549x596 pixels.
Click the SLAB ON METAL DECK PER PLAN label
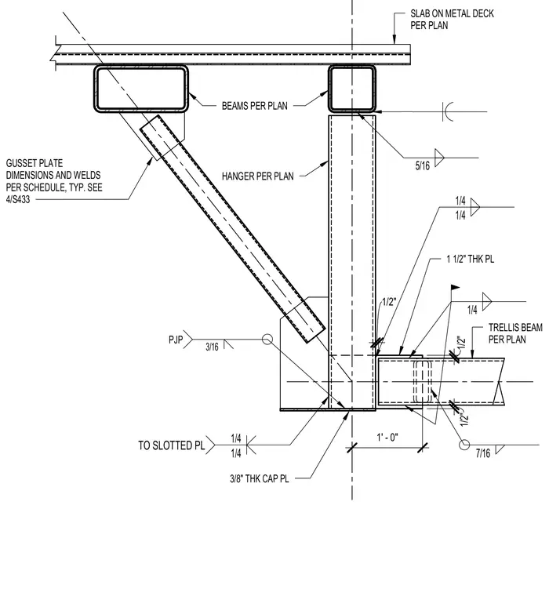click(452, 20)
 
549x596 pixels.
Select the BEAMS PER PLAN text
click(255, 106)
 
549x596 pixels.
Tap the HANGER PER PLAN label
click(258, 176)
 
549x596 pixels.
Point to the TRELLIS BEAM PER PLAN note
click(515, 333)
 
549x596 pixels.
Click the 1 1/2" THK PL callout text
click(471, 260)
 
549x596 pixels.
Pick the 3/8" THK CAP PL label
click(260, 478)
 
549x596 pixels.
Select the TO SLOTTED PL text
click(172, 445)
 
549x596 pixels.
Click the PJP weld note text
click(176, 339)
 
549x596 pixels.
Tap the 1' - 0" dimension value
click(387, 438)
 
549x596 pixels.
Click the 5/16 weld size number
click(423, 165)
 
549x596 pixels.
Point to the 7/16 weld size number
click(483, 453)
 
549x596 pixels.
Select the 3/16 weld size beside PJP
click(212, 347)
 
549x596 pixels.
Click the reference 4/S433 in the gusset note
click(18, 199)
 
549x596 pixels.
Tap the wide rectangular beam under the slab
click(141, 89)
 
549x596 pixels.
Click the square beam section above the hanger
click(352, 89)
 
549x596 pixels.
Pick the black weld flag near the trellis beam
click(455, 287)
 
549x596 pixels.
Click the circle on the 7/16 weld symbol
click(464, 445)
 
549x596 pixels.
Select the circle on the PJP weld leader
click(267, 339)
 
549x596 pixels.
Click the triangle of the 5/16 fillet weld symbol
click(439, 158)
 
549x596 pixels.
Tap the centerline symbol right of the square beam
click(448, 111)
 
